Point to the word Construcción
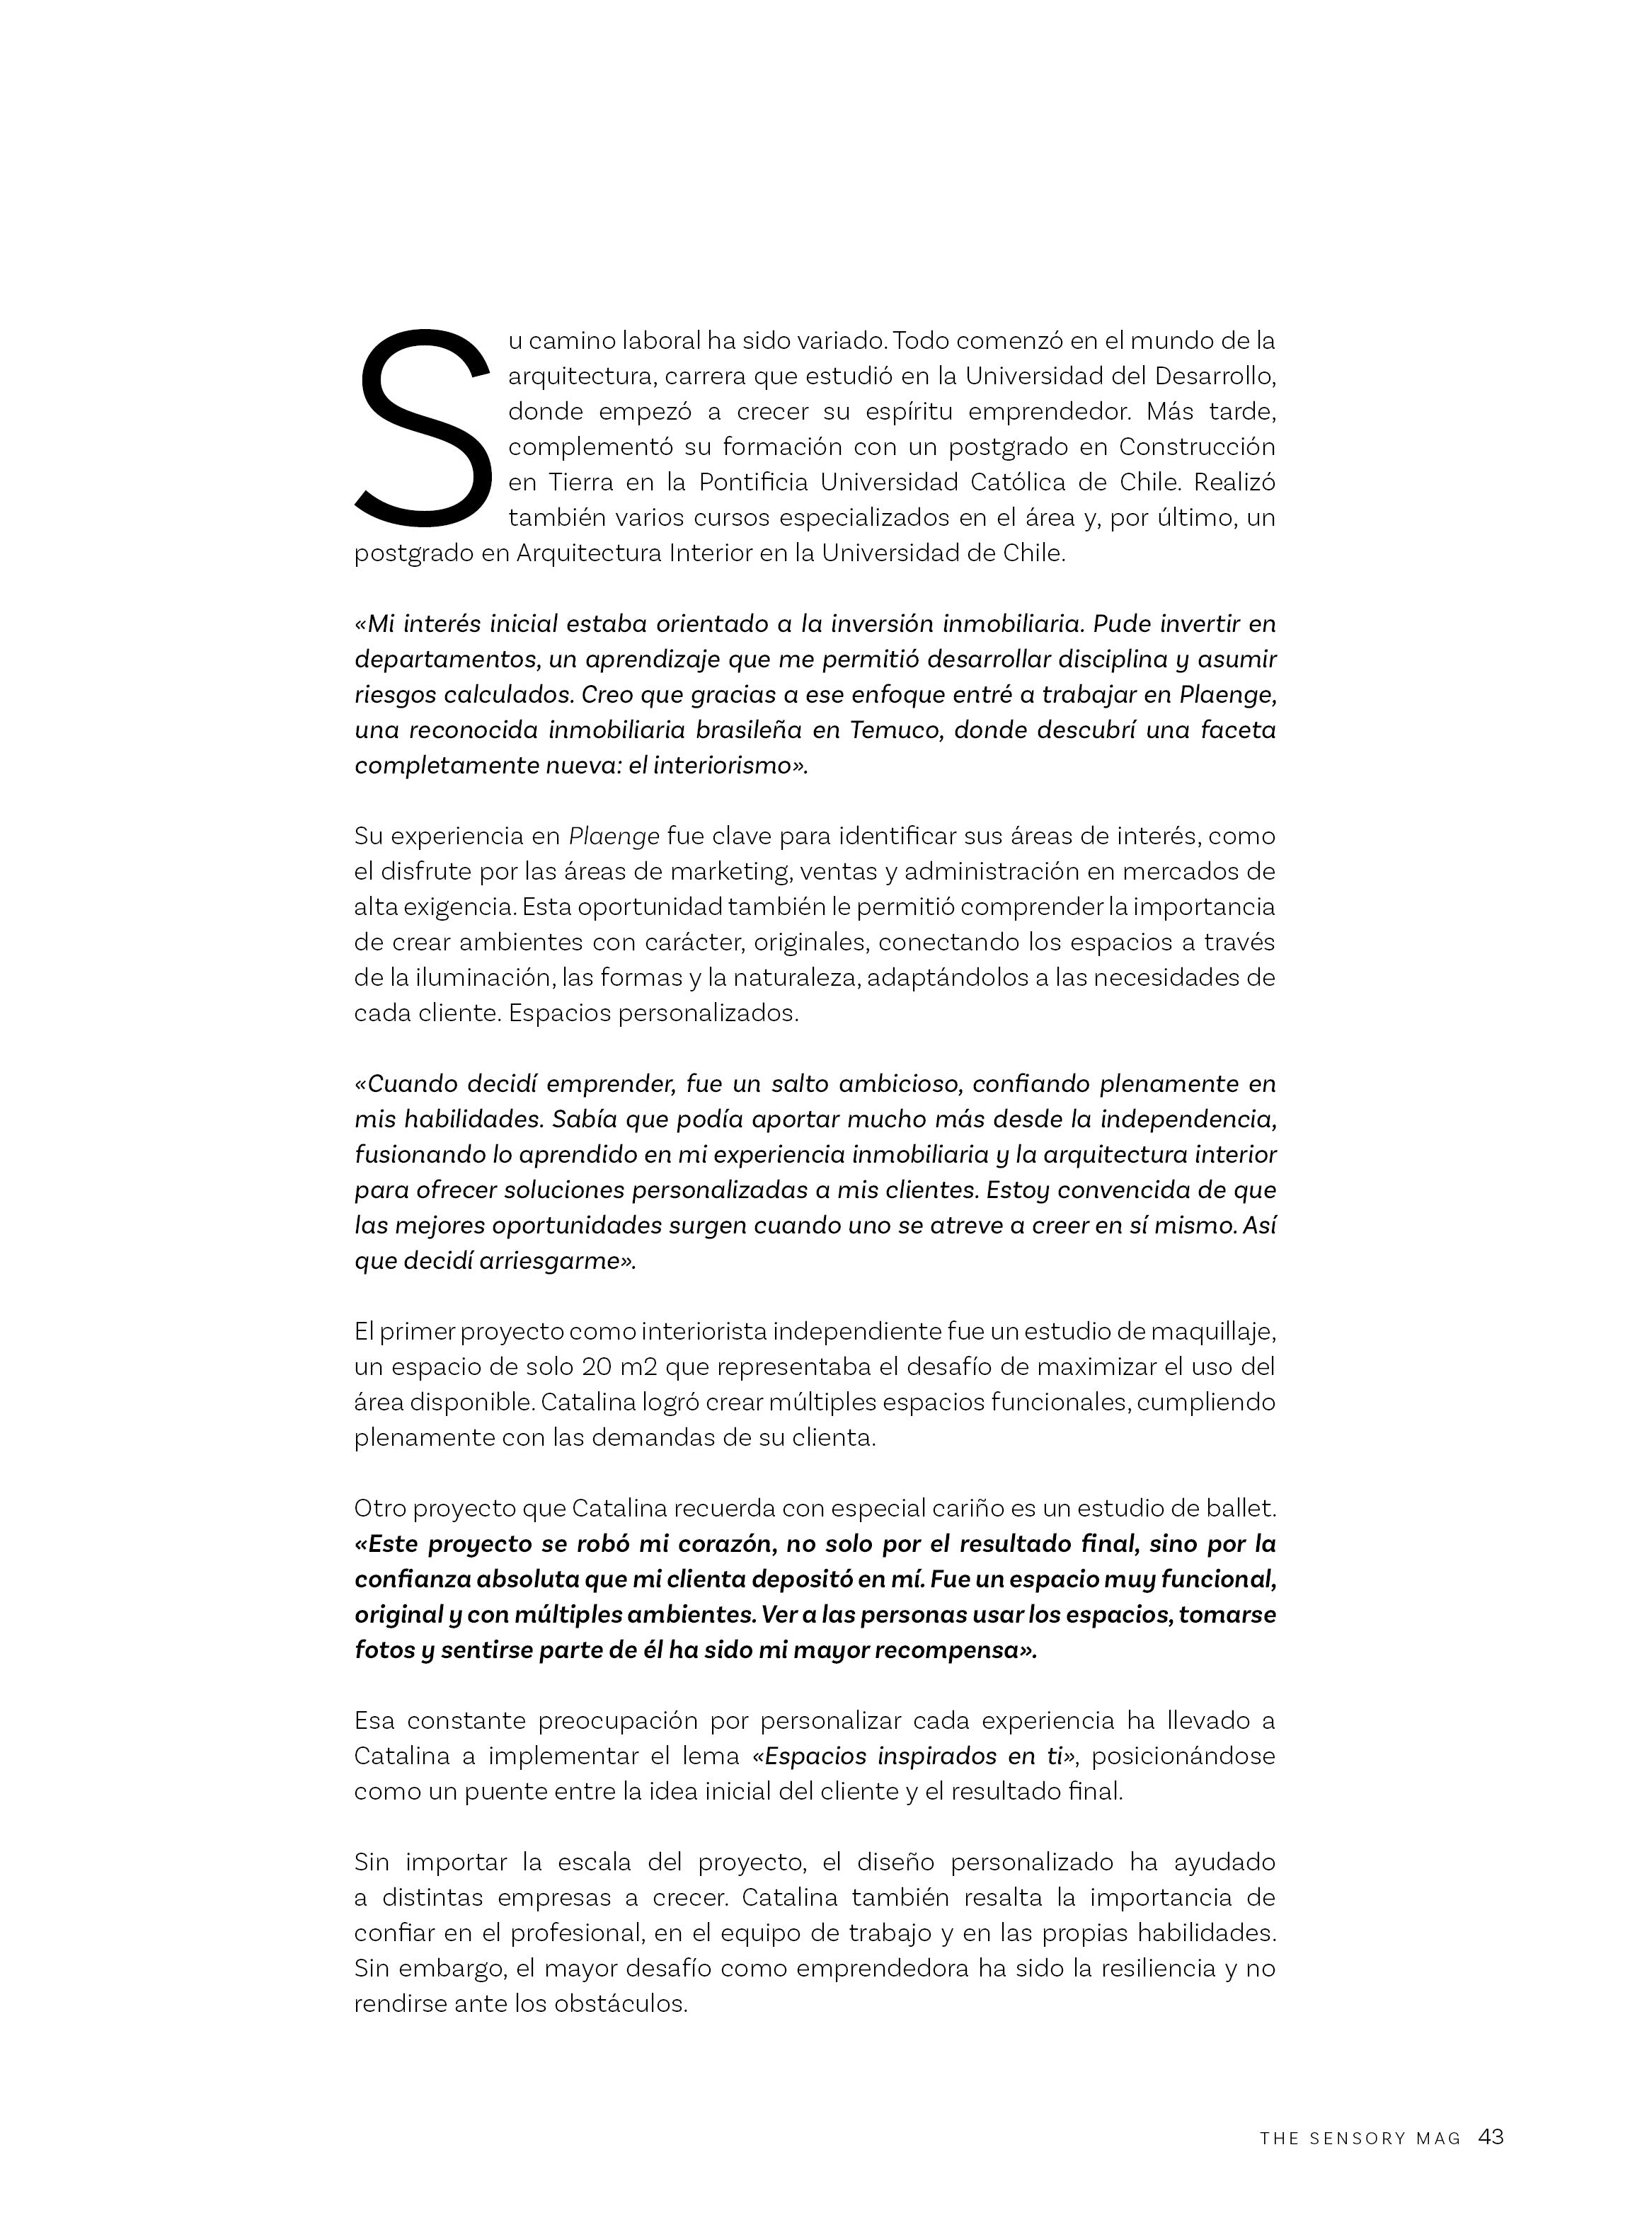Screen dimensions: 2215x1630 1197,447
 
